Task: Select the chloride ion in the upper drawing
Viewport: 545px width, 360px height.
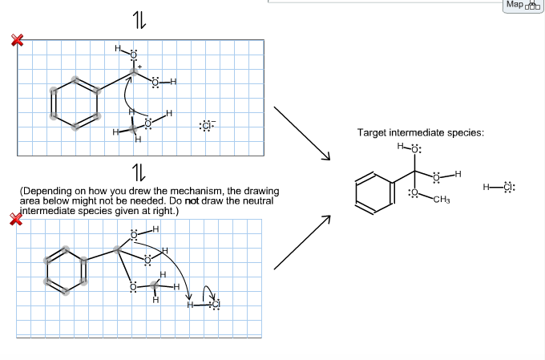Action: (207, 126)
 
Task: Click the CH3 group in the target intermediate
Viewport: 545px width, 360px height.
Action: (441, 199)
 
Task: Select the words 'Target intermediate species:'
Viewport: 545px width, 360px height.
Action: (421, 132)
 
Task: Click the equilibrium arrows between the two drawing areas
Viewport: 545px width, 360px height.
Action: (138, 171)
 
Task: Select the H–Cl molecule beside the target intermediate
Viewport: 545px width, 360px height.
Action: (498, 188)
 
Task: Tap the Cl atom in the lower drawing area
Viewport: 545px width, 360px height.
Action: (214, 305)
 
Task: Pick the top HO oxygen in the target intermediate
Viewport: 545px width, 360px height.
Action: (415, 149)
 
